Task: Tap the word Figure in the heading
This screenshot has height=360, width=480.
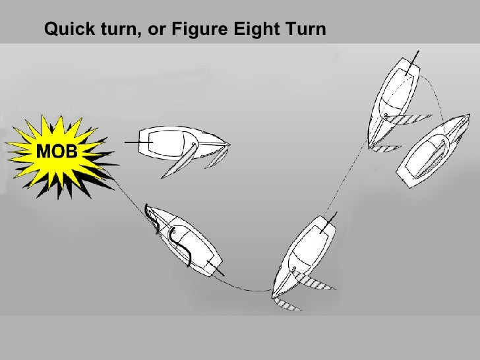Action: click(200, 29)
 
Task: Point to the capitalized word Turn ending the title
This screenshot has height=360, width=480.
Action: click(306, 29)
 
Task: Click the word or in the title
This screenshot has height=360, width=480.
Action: click(157, 30)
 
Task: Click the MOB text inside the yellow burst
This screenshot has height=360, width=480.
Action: click(57, 151)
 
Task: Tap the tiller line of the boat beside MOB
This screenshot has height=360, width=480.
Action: click(138, 142)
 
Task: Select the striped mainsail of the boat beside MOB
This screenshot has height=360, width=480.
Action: click(179, 161)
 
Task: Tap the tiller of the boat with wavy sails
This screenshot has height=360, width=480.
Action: click(216, 268)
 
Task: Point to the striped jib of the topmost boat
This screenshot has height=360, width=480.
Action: click(385, 148)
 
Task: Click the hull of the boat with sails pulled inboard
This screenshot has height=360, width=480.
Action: click(433, 151)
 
